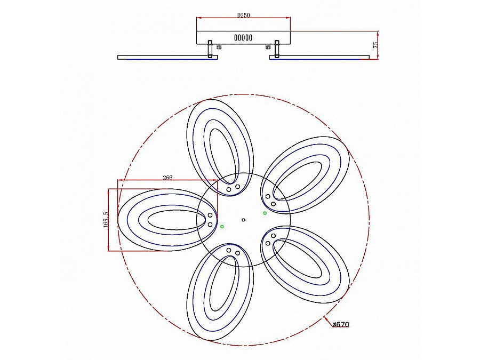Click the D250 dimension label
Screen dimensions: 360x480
point(244,16)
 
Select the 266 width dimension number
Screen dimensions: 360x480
point(167,178)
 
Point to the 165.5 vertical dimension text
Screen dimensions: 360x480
point(105,220)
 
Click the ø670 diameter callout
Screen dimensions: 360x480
point(340,324)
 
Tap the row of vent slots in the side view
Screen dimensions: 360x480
point(243,38)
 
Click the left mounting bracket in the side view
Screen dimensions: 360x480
point(211,49)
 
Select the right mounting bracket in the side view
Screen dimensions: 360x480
point(277,49)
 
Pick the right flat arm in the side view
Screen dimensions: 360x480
point(320,57)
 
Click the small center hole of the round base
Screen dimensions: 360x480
point(244,220)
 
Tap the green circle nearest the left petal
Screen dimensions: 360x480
point(222,227)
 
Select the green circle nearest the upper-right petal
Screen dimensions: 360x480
point(265,213)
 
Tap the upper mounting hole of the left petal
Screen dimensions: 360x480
point(210,215)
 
